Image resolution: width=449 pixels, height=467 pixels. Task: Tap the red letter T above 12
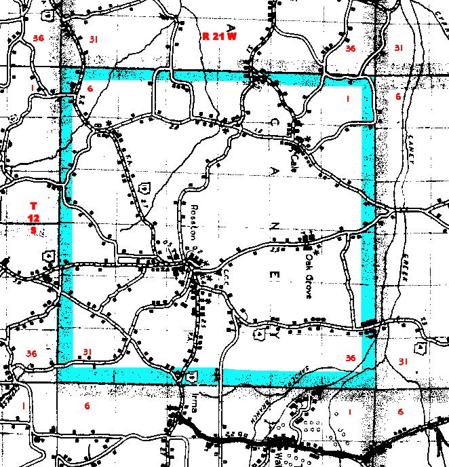[x=34, y=205]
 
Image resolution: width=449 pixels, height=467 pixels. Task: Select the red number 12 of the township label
[x=34, y=217]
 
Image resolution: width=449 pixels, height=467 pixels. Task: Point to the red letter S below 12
[x=34, y=230]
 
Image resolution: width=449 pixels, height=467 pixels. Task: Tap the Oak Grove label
[x=313, y=261]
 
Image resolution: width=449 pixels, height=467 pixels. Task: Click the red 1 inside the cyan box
[x=348, y=100]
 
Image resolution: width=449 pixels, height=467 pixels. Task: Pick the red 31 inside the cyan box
[x=87, y=351]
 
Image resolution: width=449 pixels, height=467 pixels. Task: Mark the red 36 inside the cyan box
[x=350, y=358]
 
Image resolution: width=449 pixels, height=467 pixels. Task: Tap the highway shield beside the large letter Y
[x=261, y=334]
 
